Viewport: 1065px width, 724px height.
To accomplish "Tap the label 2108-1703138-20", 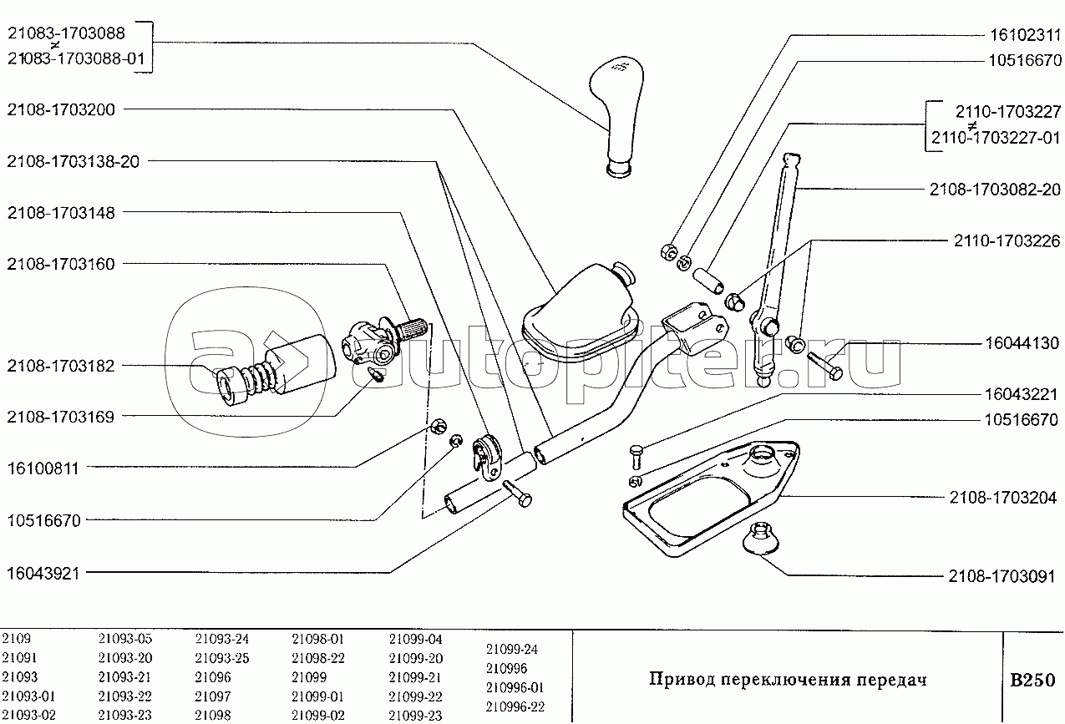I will (73, 161).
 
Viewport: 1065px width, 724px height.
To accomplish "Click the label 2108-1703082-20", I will (995, 190).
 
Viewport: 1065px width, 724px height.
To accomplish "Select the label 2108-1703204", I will (1003, 498).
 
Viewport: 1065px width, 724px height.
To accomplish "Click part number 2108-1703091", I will (1003, 576).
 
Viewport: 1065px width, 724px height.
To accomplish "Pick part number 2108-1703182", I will (61, 366).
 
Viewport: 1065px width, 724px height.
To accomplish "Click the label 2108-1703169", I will (61, 417).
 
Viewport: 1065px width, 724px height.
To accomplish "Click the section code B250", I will (1033, 680).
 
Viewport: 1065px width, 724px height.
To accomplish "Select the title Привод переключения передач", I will (788, 680).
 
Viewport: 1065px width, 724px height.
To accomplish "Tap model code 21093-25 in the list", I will (222, 658).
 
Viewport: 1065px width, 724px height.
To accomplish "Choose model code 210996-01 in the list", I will (515, 688).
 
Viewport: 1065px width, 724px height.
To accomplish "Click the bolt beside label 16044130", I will (825, 362).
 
